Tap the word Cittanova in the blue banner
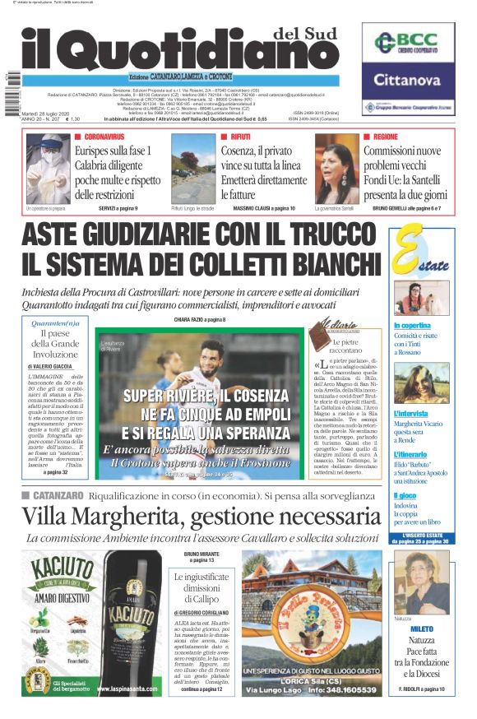pos(407,81)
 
